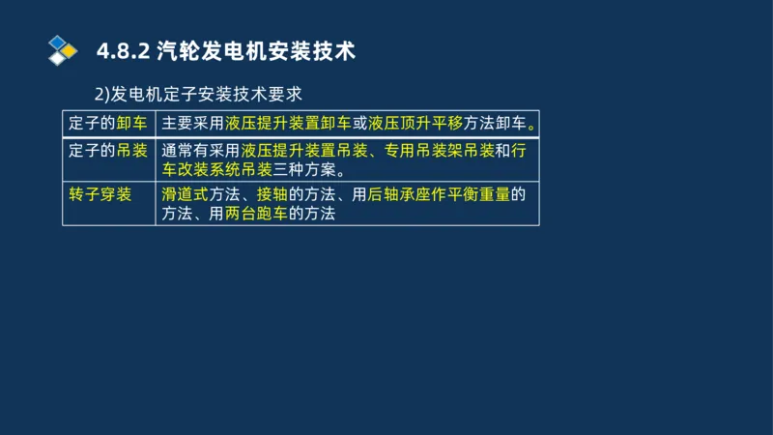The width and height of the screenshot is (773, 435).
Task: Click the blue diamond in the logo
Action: [59, 42]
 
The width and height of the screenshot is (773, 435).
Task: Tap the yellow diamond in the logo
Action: [69, 50]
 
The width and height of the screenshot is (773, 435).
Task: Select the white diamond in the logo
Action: [58, 58]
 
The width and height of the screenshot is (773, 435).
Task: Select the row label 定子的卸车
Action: [108, 124]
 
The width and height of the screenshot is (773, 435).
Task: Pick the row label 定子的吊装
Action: [108, 151]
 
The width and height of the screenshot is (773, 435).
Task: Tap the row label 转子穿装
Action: [100, 194]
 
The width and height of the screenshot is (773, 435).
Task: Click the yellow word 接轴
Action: [272, 194]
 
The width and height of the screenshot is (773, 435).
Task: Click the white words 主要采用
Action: [193, 124]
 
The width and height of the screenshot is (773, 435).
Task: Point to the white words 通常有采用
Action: [201, 151]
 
